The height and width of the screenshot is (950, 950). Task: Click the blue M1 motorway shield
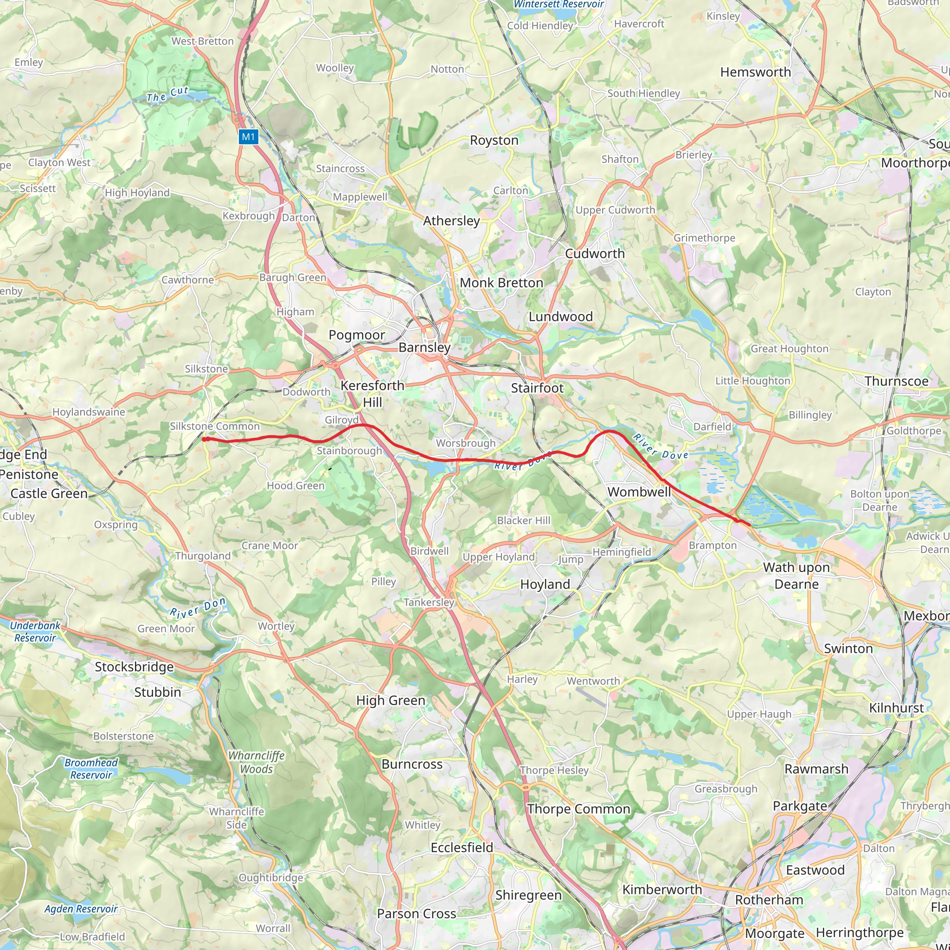[248, 137]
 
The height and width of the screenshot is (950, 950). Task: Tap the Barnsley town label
[424, 347]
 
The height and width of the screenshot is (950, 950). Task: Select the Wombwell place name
[639, 492]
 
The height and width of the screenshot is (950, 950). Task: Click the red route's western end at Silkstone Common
[204, 439]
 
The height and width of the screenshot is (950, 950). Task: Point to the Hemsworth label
[755, 72]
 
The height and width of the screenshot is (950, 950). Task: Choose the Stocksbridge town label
[134, 667]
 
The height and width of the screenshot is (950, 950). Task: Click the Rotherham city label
[769, 900]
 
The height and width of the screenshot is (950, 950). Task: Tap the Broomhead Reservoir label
[91, 769]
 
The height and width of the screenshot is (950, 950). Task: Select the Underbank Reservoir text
[35, 632]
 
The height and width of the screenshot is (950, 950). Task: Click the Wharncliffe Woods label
[256, 762]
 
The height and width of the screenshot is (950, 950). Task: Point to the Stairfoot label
[537, 388]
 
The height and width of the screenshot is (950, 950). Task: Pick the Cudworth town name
[595, 254]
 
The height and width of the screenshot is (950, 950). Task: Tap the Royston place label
[494, 140]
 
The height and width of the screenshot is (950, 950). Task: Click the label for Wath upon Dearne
[796, 576]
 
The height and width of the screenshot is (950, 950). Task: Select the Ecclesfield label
[462, 848]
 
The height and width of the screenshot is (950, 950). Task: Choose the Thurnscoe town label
[896, 381]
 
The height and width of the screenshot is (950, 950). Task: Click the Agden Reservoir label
[81, 909]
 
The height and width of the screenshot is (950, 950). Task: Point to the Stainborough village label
[349, 451]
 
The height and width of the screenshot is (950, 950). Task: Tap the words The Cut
[167, 95]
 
